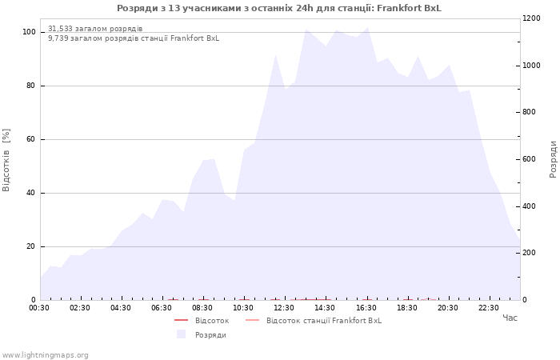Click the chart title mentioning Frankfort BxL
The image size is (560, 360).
point(279,8)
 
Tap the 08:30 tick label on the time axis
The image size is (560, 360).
point(202,308)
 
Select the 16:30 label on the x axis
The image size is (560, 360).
point(366,308)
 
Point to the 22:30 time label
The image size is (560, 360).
point(489,308)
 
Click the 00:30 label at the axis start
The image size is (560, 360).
point(39,308)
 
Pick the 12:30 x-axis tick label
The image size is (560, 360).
point(284,308)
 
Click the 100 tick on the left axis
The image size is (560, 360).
point(29,32)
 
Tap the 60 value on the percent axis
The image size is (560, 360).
point(30,139)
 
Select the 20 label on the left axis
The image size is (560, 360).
point(30,246)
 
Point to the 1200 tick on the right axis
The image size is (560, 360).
point(532,18)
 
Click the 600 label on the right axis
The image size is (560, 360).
point(530,159)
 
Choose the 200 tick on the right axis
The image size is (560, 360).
point(530,253)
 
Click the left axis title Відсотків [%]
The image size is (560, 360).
point(6,160)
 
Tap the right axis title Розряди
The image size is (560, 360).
point(553,159)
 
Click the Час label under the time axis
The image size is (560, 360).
point(510,318)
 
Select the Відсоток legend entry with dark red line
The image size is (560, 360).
point(202,320)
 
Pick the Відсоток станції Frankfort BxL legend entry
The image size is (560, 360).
point(314,320)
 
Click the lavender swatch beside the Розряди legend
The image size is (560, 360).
point(182,334)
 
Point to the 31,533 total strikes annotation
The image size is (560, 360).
point(95,29)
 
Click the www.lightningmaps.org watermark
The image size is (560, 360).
point(45,355)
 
